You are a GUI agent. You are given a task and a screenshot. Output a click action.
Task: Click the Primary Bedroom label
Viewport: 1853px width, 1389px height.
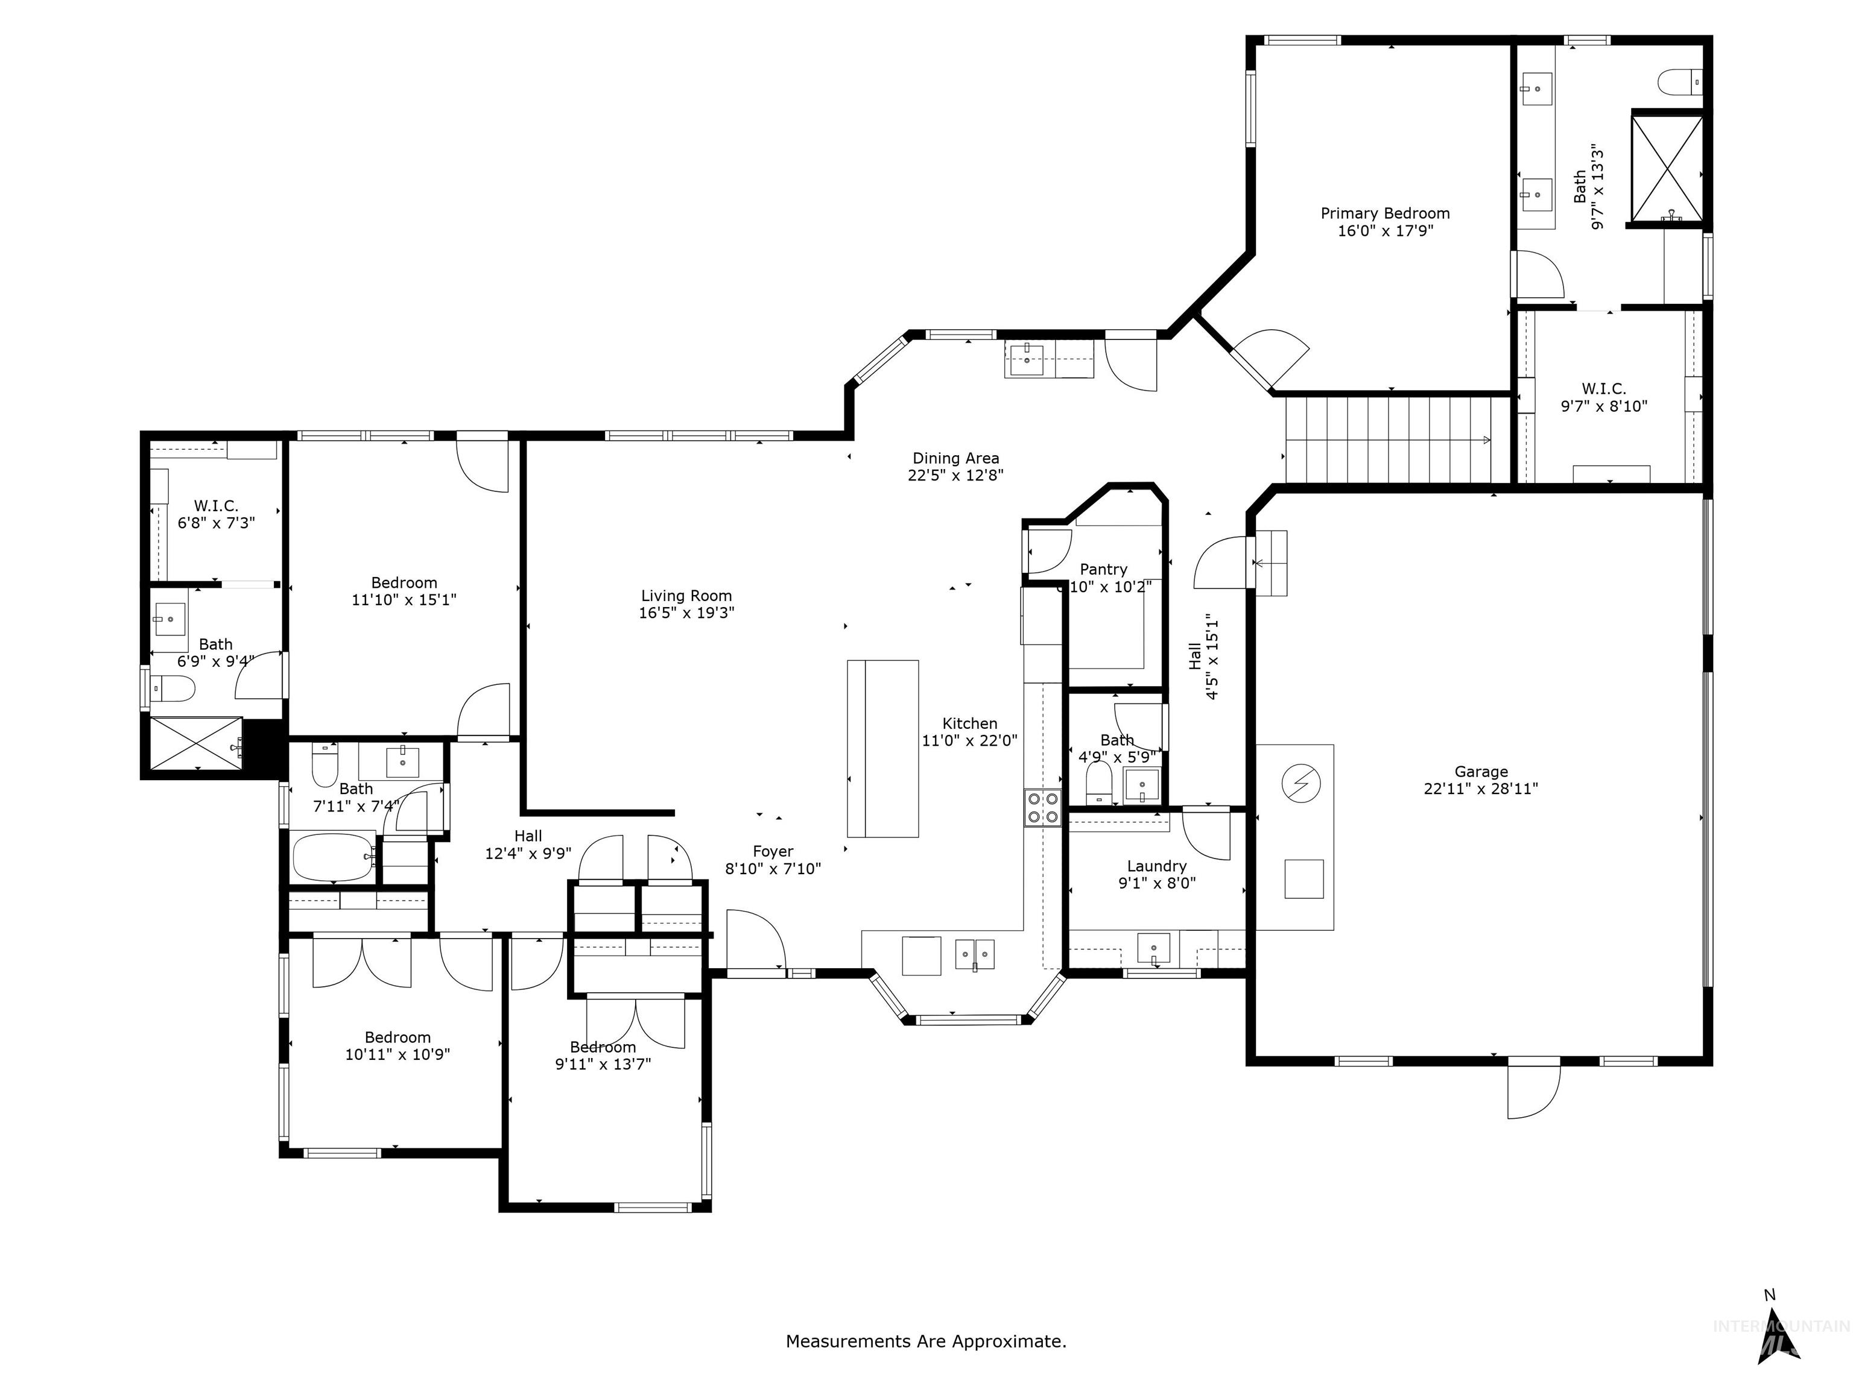point(1385,213)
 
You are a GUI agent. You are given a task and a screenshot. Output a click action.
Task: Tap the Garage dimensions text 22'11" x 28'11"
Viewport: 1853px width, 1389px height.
point(1480,789)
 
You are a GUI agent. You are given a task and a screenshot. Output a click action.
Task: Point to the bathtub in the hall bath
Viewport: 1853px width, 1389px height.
point(334,857)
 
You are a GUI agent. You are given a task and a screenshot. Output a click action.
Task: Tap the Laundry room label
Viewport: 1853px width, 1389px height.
point(1156,866)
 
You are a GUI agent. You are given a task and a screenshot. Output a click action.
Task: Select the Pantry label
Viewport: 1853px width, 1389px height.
point(1103,569)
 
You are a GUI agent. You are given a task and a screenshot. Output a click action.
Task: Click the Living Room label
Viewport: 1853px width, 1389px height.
point(686,596)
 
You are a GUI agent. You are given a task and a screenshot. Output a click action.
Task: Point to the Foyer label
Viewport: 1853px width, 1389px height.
point(772,851)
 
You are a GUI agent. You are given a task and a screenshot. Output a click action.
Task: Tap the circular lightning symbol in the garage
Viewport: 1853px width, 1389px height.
point(1301,784)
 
